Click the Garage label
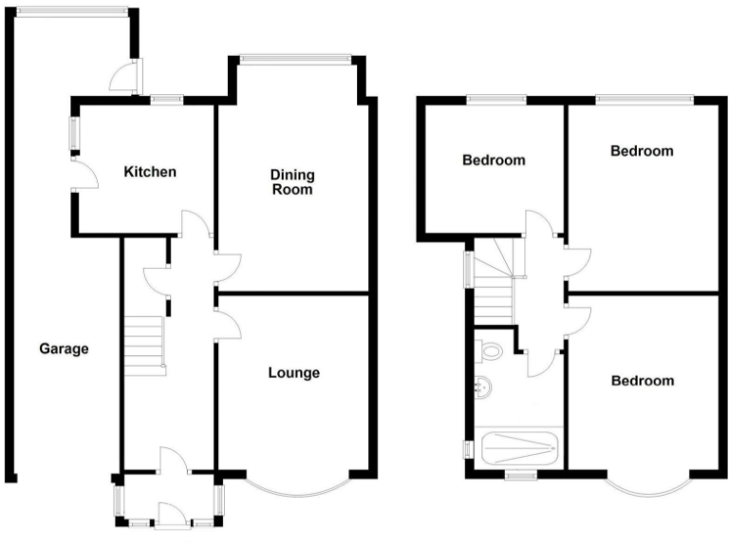pos(64,349)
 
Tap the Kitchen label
pos(150,172)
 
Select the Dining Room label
pos(292,182)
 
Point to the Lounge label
pos(293,372)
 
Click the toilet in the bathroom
pos(490,350)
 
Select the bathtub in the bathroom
pos(519,446)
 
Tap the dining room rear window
pos(295,60)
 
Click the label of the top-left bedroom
pos(493,160)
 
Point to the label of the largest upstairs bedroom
pos(642,151)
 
